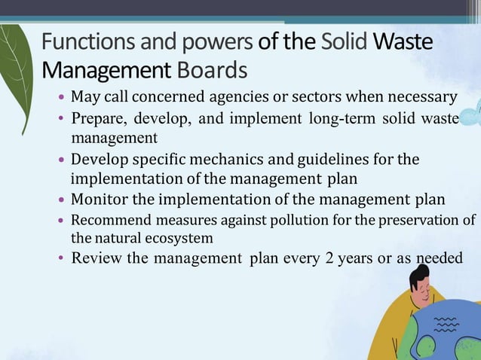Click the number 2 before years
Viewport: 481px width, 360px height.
[x=328, y=258]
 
